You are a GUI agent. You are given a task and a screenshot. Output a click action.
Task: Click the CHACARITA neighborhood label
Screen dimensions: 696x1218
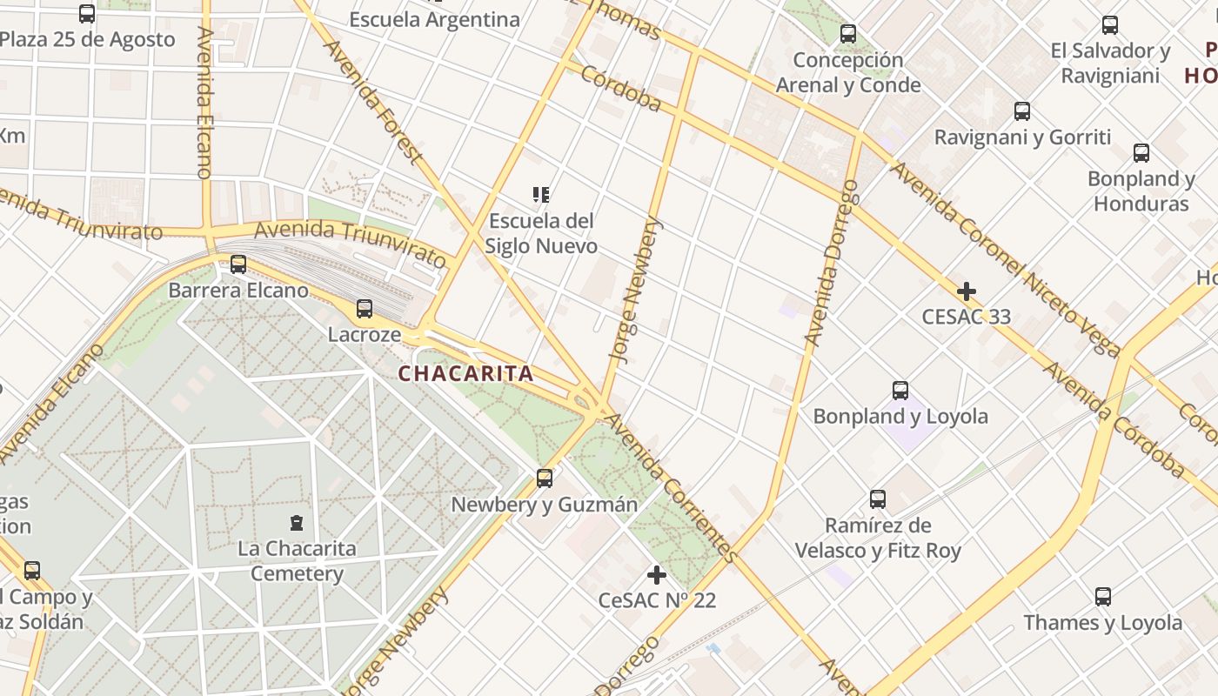click(465, 374)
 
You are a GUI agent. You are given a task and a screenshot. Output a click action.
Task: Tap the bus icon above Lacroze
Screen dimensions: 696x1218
click(365, 309)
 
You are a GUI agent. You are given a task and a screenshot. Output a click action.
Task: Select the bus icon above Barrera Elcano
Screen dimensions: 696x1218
click(238, 264)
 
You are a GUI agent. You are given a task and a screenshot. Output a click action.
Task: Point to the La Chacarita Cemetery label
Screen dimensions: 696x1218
click(297, 561)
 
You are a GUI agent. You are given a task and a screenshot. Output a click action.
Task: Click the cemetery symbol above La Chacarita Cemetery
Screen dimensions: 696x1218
click(297, 523)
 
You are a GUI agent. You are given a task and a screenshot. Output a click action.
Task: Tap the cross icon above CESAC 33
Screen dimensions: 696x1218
click(966, 291)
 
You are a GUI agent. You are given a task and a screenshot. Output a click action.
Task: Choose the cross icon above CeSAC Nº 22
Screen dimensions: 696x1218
click(657, 575)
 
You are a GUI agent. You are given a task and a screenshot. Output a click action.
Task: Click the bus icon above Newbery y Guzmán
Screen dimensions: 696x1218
click(544, 478)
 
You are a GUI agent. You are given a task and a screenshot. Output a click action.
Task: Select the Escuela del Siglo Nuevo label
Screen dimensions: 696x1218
click(541, 233)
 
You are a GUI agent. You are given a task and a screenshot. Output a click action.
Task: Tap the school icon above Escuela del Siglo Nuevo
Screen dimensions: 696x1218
click(541, 195)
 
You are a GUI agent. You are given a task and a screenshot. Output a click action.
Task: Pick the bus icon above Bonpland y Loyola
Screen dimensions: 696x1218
click(900, 391)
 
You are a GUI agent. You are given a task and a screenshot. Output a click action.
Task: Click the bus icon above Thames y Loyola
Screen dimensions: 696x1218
click(1102, 597)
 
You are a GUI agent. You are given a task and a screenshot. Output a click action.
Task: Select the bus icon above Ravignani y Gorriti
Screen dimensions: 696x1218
click(1022, 111)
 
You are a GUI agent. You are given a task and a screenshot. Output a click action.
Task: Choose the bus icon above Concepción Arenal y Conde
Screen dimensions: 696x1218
click(848, 35)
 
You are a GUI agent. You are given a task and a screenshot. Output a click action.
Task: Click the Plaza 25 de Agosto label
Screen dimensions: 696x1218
click(87, 39)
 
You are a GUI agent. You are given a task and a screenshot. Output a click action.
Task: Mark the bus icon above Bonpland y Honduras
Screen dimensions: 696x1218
click(1141, 153)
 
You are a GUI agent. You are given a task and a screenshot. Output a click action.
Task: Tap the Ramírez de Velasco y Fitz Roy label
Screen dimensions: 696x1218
click(878, 538)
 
